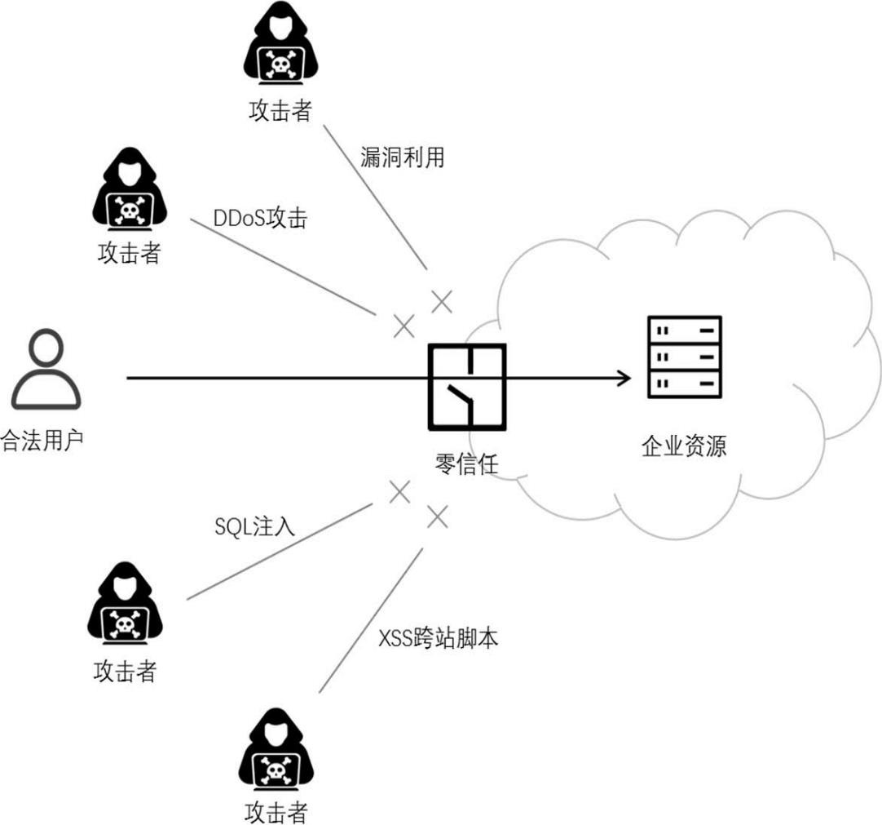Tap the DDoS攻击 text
[x=259, y=219]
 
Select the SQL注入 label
[x=254, y=527]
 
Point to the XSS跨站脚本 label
[x=439, y=638]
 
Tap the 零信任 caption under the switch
[x=466, y=464]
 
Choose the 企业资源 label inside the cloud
[x=684, y=446]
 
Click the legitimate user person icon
[x=46, y=369]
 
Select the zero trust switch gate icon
[x=467, y=386]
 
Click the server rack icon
[x=684, y=357]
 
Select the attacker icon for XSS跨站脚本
[x=276, y=752]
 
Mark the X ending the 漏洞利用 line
[x=441, y=301]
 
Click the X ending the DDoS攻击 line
[x=404, y=326]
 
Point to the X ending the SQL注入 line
[x=399, y=491]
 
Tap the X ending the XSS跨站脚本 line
[x=438, y=516]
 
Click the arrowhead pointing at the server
[x=624, y=378]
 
